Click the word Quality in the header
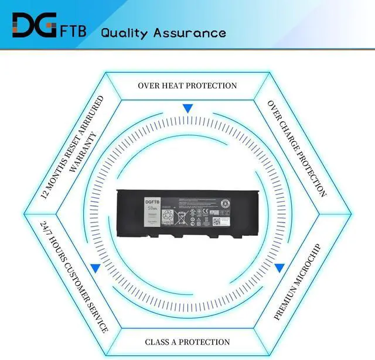pos(124,33)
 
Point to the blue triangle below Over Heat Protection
pos(187,108)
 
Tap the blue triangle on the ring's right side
pos(279,268)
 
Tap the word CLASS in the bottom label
pos(159,342)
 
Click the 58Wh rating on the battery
pos(154,208)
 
